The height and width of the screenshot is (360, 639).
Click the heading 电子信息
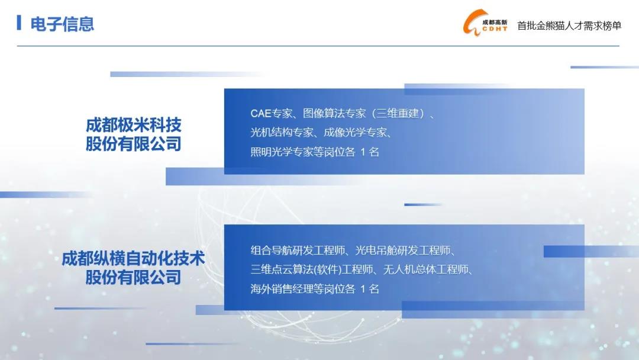[x=62, y=24]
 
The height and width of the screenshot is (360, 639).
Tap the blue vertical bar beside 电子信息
[x=19, y=22]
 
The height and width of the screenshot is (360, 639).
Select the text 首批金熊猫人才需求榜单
[x=569, y=25]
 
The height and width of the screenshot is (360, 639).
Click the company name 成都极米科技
[x=133, y=125]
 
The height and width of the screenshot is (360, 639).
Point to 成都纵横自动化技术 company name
[x=133, y=259]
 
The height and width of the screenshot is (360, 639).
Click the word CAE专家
[x=271, y=113]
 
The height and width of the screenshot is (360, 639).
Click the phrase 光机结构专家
[x=282, y=132]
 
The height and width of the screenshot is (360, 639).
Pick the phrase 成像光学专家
[x=355, y=132]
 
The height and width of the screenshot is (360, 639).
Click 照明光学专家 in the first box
[x=282, y=152]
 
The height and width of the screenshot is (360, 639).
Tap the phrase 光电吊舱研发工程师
[x=403, y=250]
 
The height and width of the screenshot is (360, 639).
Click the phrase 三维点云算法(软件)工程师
[x=312, y=269]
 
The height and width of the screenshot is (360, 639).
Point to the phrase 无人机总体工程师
[x=426, y=269]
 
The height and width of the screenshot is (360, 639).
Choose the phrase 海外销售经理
[x=282, y=289]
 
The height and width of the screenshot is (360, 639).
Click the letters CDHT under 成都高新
[x=495, y=29]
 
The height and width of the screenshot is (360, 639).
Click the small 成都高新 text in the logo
[x=495, y=22]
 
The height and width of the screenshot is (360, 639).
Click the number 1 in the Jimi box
[x=363, y=152]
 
